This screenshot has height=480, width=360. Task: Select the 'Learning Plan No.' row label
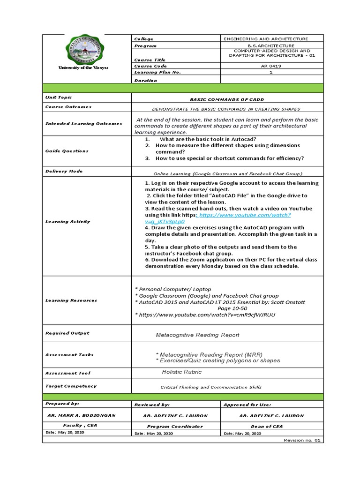(x=157, y=73)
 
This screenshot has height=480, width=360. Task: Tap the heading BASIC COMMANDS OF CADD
(x=227, y=100)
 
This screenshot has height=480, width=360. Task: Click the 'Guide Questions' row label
(x=67, y=151)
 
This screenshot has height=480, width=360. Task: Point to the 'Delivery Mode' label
(x=64, y=172)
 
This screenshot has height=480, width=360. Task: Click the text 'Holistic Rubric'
(x=181, y=372)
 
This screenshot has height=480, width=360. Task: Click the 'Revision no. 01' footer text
(x=301, y=440)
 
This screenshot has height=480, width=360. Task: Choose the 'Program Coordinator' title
(x=175, y=426)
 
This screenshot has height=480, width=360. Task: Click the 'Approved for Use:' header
(x=247, y=405)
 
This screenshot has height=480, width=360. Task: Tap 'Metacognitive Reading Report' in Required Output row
(x=197, y=335)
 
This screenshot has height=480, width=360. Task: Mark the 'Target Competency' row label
(x=71, y=386)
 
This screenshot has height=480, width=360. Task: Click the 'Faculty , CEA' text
(x=80, y=426)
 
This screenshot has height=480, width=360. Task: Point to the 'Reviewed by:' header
(x=152, y=405)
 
